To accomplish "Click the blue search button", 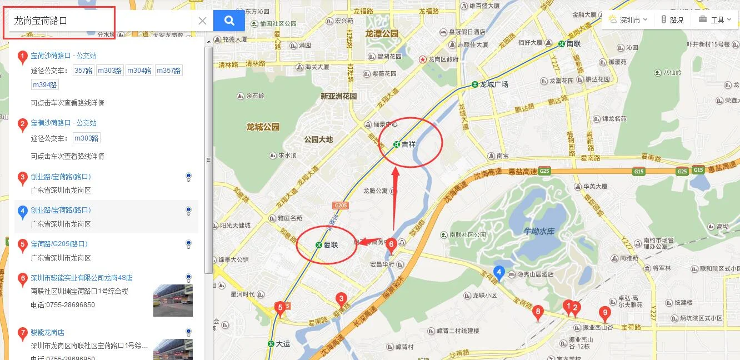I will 229,21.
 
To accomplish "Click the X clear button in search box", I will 202,21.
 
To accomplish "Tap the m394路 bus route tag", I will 45,85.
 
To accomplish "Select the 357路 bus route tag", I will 83,71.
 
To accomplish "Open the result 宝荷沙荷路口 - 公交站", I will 63,56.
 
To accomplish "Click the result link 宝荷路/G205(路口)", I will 59,244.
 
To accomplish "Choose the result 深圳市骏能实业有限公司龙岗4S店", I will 82,278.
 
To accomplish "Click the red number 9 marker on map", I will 605,313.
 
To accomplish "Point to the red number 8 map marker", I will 537,312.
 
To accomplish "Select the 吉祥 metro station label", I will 408,144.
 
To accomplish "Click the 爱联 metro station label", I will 331,245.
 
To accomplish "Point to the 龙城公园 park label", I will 263,127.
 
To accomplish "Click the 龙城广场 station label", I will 493,84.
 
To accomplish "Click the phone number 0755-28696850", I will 63,305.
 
